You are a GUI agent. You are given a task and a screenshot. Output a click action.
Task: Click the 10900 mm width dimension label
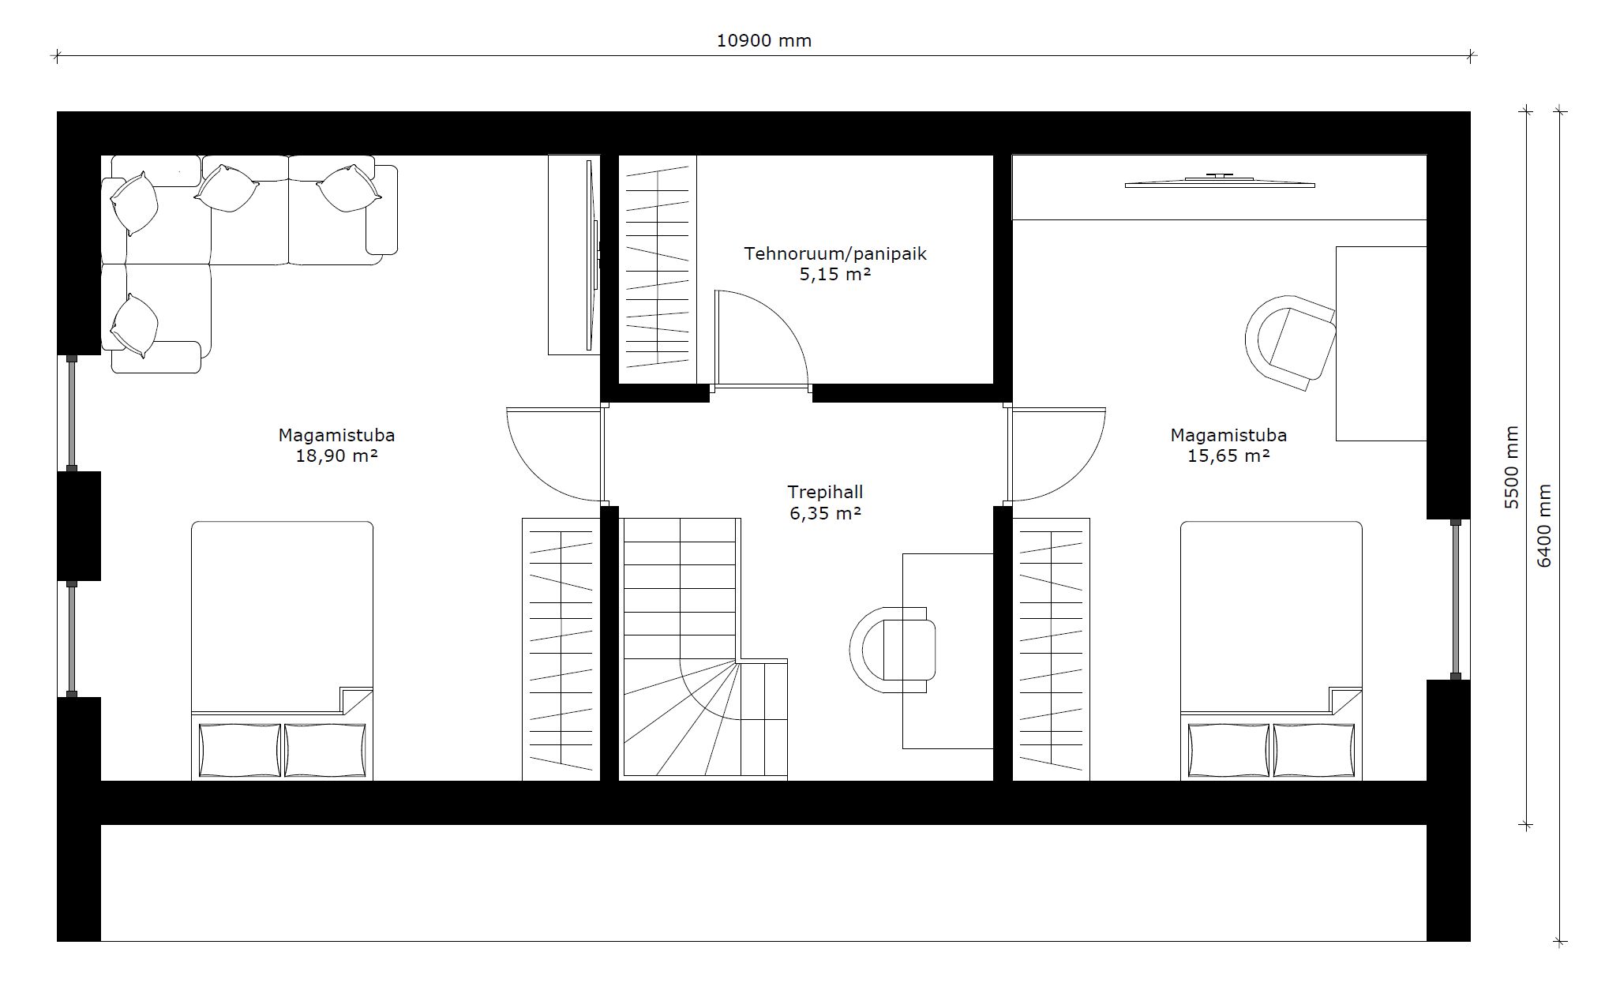point(763,40)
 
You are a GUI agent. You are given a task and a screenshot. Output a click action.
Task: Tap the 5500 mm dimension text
point(1511,467)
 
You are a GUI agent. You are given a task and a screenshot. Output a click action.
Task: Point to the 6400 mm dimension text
point(1544,525)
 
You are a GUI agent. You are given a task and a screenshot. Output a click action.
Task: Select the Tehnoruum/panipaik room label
point(834,254)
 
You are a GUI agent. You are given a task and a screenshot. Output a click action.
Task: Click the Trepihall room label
point(825,492)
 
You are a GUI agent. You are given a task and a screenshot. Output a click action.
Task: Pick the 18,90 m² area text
point(336,456)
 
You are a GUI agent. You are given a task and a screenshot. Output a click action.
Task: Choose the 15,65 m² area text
point(1228,456)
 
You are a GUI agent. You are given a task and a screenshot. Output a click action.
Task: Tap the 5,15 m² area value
point(834,274)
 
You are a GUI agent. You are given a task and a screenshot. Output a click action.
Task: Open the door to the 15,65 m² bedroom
point(1056,454)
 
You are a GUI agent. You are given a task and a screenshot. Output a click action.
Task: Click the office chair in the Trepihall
point(893,650)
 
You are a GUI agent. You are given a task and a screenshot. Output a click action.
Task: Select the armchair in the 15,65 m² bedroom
point(1290,343)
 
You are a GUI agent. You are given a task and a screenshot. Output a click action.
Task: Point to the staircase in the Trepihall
point(704,648)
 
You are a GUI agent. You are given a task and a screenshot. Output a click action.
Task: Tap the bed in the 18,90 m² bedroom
point(282,650)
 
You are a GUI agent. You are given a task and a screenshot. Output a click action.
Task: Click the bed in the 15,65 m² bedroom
point(1271,650)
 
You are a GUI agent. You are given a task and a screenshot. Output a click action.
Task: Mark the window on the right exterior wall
point(1456,599)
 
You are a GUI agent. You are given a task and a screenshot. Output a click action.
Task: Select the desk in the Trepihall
point(947,650)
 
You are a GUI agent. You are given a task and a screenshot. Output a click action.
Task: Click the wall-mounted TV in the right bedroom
point(1220,182)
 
